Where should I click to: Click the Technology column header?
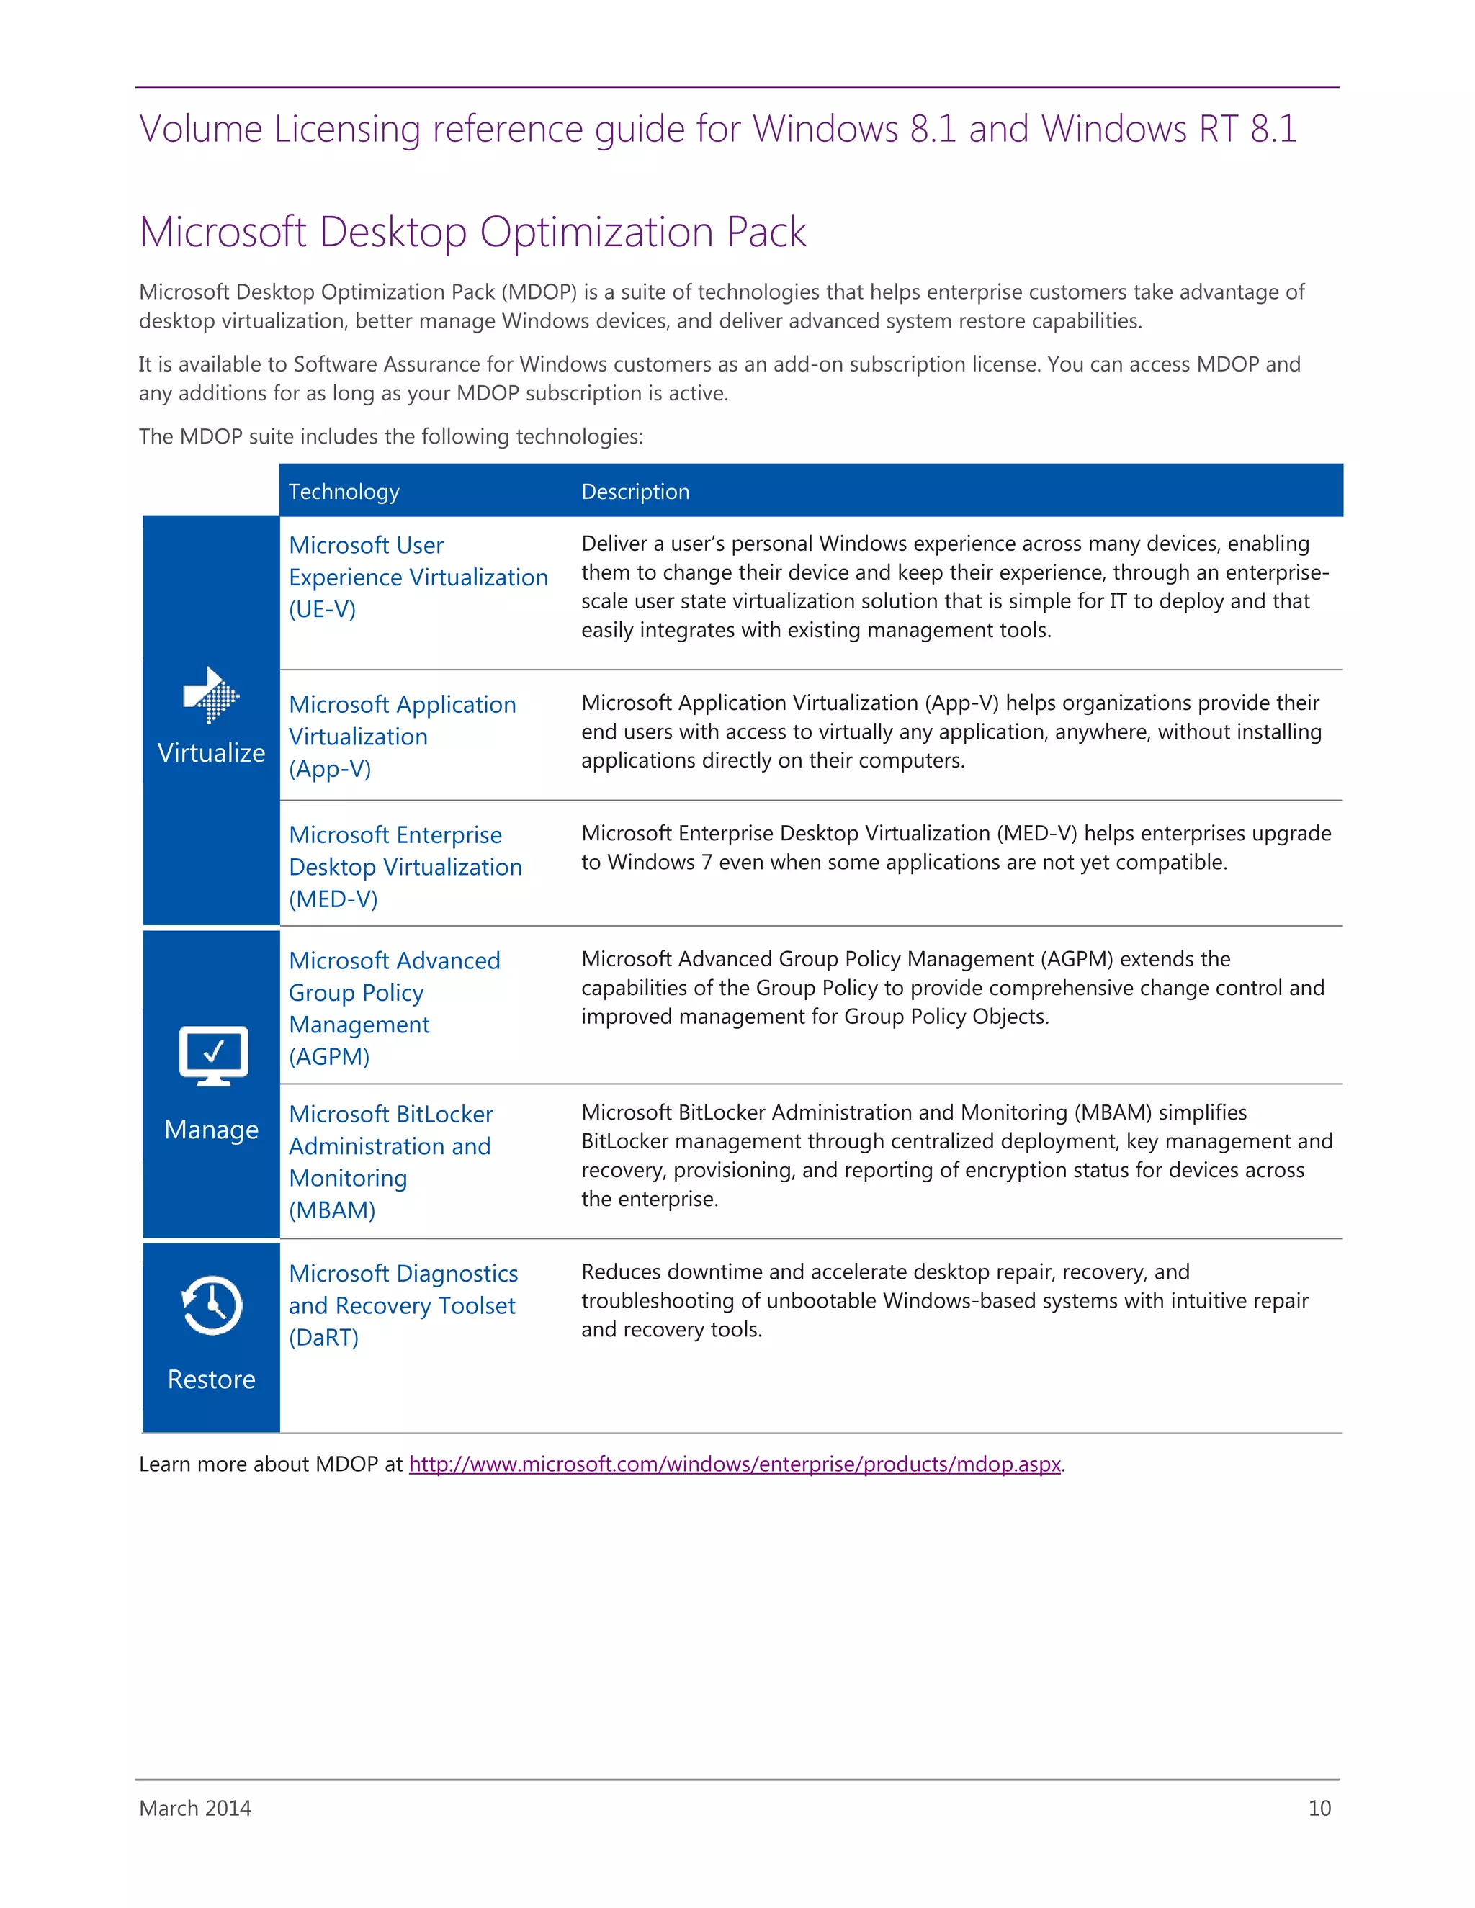(344, 492)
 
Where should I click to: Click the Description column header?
(635, 492)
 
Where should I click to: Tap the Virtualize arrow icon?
(210, 696)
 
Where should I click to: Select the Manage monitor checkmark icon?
(213, 1056)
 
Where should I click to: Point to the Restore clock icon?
(212, 1305)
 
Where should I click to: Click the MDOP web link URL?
(734, 1464)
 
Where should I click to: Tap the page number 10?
(1319, 1809)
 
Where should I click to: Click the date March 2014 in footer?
(195, 1809)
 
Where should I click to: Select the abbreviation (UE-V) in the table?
(323, 609)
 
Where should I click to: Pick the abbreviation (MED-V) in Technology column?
(333, 899)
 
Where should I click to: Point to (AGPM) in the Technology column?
(329, 1057)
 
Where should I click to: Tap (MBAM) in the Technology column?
(332, 1211)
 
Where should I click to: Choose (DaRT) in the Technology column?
(323, 1338)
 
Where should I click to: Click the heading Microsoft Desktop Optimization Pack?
(472, 232)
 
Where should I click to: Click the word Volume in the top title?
(200, 130)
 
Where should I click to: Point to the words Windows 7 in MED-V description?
(660, 863)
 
